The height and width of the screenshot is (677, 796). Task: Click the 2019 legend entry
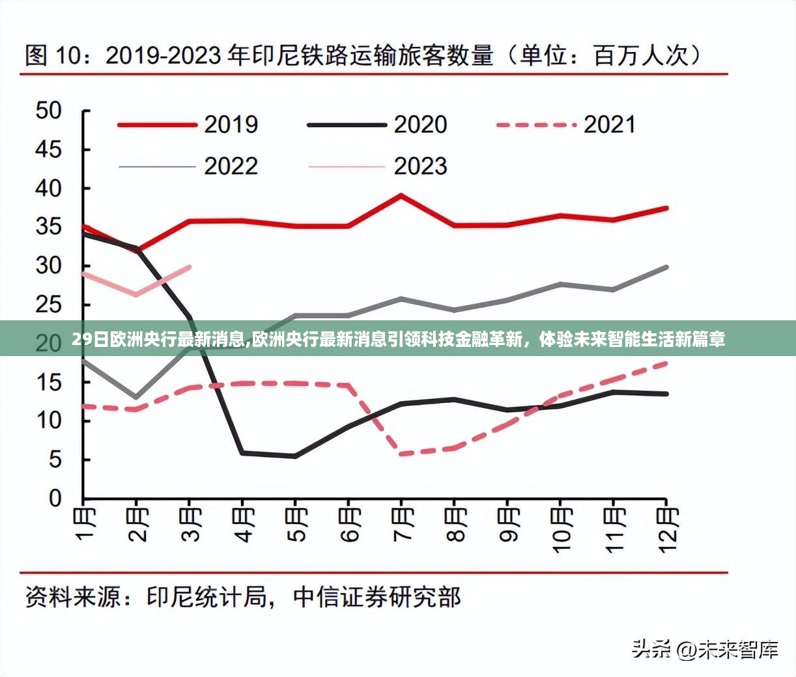click(189, 124)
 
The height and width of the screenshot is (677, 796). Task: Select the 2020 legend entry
click(378, 124)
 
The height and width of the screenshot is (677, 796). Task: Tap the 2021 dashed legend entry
click(566, 124)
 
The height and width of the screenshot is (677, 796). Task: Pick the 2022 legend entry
click(189, 167)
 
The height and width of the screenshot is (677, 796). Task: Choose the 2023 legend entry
click(378, 167)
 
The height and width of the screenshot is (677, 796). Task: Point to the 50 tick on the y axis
click(48, 111)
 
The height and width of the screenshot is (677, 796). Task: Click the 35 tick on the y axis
click(48, 227)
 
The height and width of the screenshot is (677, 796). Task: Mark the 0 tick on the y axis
click(55, 499)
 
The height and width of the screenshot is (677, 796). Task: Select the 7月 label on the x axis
click(402, 525)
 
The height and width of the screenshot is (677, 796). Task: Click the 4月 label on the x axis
click(243, 525)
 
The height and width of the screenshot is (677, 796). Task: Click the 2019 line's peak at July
click(401, 195)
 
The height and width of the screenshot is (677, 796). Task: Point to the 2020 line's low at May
click(295, 456)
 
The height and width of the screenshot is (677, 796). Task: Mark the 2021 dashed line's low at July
click(401, 454)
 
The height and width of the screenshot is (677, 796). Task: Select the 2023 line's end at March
click(190, 266)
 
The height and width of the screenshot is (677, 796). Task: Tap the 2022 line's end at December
click(666, 267)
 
